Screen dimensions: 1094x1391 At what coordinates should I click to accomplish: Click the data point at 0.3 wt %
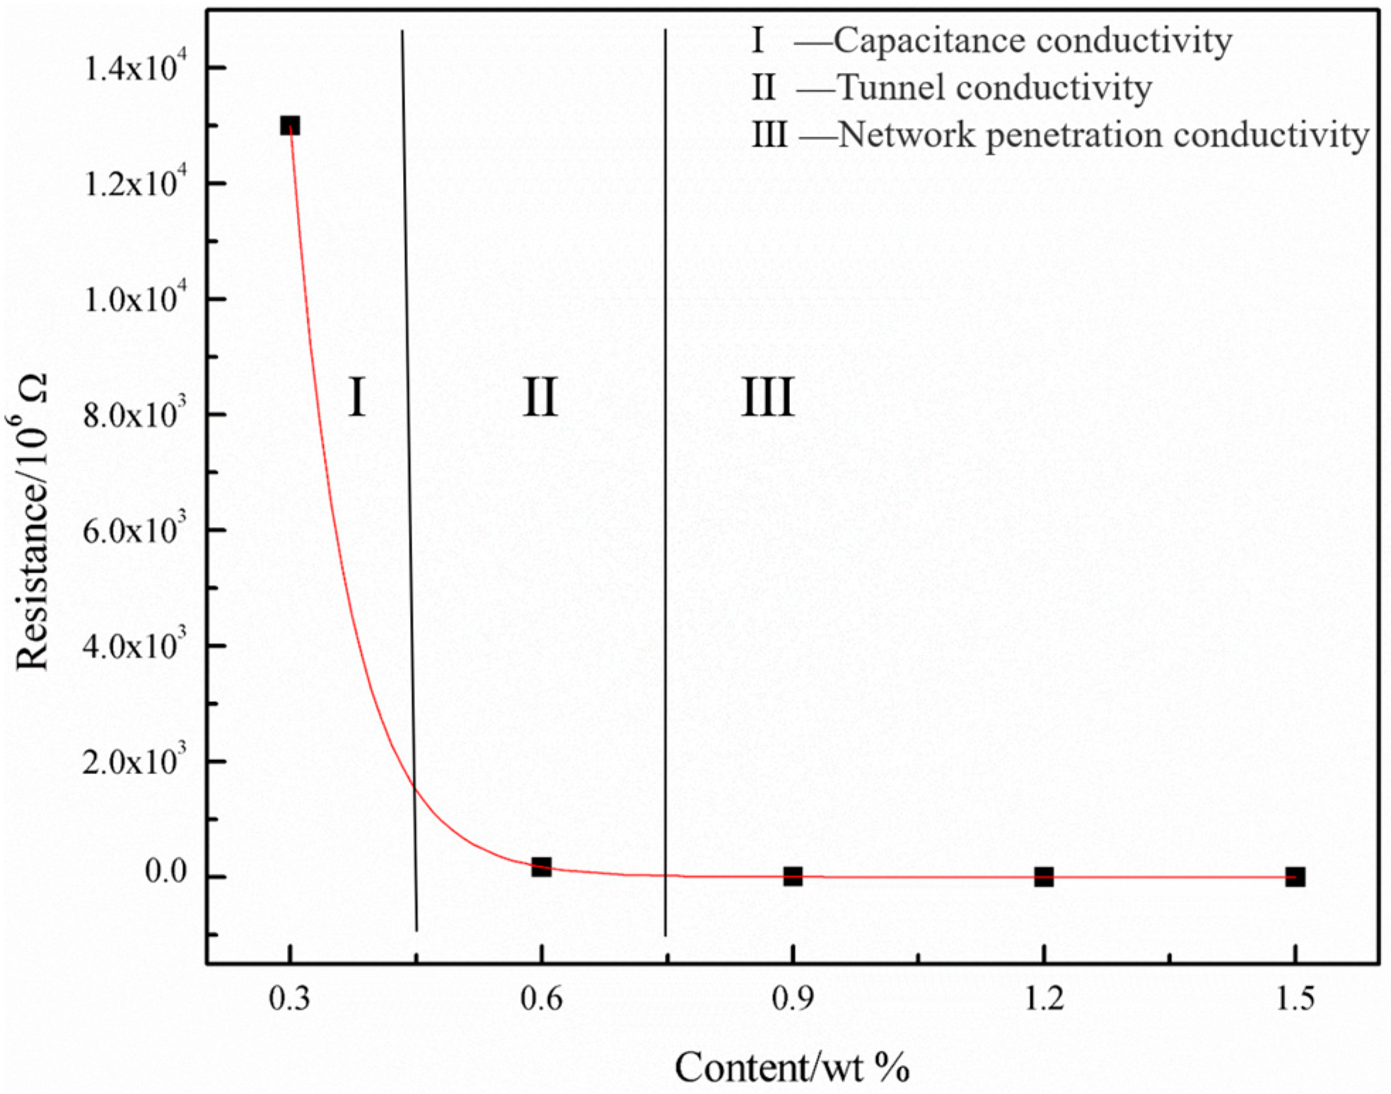(x=290, y=126)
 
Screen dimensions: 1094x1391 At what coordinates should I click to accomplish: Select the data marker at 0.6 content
(x=541, y=867)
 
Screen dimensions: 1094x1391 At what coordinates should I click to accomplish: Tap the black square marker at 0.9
(x=793, y=877)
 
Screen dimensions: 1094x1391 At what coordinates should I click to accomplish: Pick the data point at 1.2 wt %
(x=1044, y=877)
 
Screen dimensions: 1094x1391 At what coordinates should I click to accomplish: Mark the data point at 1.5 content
(x=1295, y=877)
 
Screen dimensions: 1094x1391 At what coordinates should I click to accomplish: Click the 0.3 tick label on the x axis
(x=290, y=999)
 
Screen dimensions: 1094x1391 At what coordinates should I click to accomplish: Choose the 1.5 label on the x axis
(x=1295, y=999)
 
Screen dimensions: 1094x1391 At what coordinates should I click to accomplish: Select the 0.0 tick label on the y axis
(x=165, y=872)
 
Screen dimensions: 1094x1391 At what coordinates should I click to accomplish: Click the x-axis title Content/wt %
(x=791, y=1067)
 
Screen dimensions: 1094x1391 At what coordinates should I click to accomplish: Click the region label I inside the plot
(x=357, y=397)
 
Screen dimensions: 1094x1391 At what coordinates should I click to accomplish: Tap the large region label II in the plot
(x=540, y=397)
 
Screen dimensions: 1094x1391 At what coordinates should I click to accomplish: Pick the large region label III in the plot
(x=767, y=397)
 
